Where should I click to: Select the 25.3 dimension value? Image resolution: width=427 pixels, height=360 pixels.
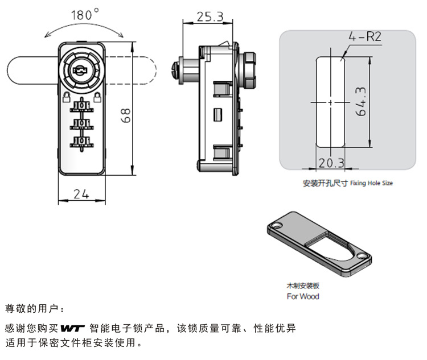point(210,16)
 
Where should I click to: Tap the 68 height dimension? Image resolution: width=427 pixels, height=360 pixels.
point(127,115)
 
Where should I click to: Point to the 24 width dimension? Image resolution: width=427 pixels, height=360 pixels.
point(81,193)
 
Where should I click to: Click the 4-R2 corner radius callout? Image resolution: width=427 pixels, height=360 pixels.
point(365,38)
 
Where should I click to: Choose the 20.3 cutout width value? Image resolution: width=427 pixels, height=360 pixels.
point(331,163)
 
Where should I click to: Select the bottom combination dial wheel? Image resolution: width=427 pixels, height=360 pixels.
point(81,142)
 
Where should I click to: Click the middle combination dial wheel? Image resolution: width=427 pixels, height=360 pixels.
point(81,123)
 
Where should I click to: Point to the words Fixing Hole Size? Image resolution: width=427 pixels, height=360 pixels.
point(371,183)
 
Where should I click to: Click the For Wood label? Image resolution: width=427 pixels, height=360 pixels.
point(302,296)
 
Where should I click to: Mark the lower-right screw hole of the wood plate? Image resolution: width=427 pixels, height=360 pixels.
point(362,257)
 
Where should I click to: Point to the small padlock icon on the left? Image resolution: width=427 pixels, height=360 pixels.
point(65,95)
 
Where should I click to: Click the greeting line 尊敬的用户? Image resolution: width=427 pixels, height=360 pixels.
point(35,309)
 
